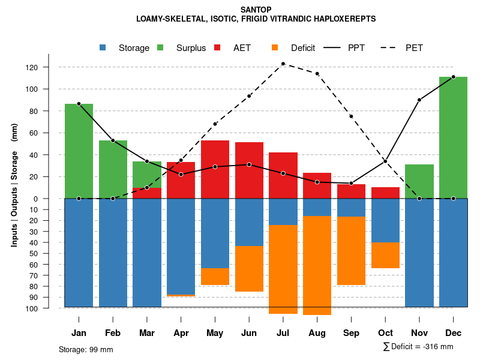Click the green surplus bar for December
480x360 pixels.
pyautogui.click(x=453, y=137)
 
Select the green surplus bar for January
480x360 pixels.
pyautogui.click(x=79, y=151)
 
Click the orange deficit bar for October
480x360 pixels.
pyautogui.click(x=385, y=255)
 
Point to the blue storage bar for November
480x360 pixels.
pyautogui.click(x=419, y=253)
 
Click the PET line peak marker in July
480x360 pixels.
pyautogui.click(x=283, y=64)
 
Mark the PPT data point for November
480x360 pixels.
pyautogui.click(x=419, y=100)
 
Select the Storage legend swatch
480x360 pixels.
pyautogui.click(x=103, y=48)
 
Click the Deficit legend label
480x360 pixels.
pyautogui.click(x=303, y=48)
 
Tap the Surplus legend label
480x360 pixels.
pyautogui.click(x=191, y=48)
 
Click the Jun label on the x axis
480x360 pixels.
pyautogui.click(x=249, y=333)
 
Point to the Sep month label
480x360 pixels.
pyautogui.click(x=351, y=333)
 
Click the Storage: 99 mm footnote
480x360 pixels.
pyautogui.click(x=86, y=349)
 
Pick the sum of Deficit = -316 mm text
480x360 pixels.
pyautogui.click(x=418, y=347)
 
